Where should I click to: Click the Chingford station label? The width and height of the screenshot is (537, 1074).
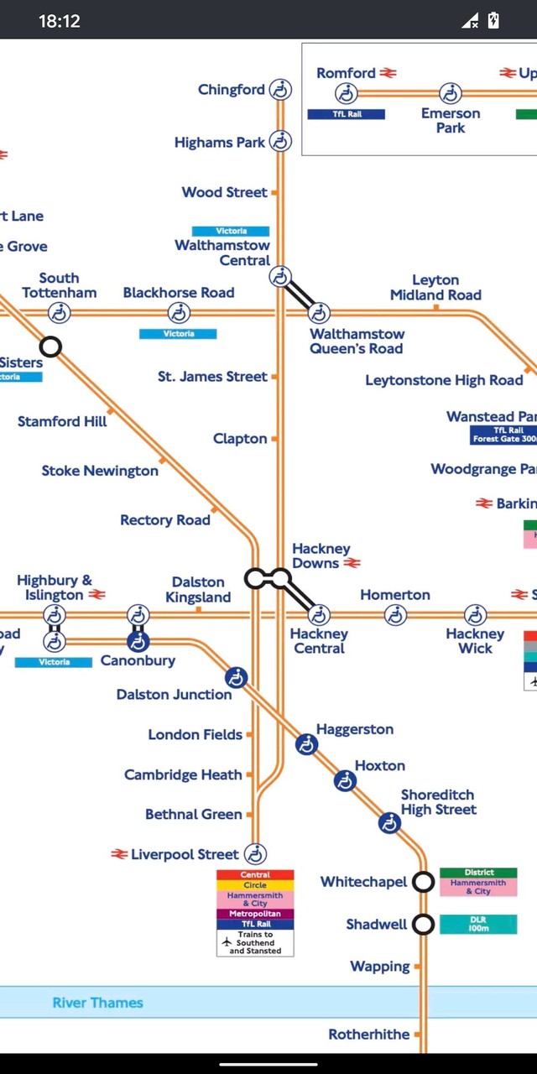click(231, 90)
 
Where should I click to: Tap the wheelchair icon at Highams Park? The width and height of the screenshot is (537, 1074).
click(280, 142)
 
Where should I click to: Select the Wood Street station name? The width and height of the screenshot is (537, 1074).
click(224, 192)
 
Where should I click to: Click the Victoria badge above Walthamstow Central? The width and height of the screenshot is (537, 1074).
click(231, 231)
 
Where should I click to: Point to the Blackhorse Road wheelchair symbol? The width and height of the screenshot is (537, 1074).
click(179, 313)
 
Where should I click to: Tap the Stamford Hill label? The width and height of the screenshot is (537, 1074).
click(62, 421)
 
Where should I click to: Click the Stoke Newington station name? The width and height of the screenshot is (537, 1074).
click(100, 471)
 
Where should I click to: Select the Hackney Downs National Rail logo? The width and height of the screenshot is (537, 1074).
click(352, 563)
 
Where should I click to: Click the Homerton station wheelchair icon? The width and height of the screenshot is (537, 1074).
click(395, 615)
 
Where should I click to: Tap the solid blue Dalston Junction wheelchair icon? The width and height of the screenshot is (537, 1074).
click(237, 677)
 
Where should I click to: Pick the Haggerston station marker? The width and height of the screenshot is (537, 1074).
click(307, 743)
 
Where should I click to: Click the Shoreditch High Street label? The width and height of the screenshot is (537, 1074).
click(438, 802)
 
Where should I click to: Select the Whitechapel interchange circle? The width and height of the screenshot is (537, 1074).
click(424, 882)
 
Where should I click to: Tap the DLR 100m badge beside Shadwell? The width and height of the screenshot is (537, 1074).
click(478, 924)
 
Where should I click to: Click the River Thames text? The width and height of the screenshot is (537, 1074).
click(97, 1003)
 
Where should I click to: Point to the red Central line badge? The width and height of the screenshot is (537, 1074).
click(255, 875)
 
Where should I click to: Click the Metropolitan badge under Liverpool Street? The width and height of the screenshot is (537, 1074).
click(255, 914)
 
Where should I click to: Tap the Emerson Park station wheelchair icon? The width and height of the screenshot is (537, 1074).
click(451, 93)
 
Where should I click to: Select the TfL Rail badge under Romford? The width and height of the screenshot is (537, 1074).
click(346, 114)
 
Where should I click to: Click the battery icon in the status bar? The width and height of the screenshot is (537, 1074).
click(493, 20)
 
